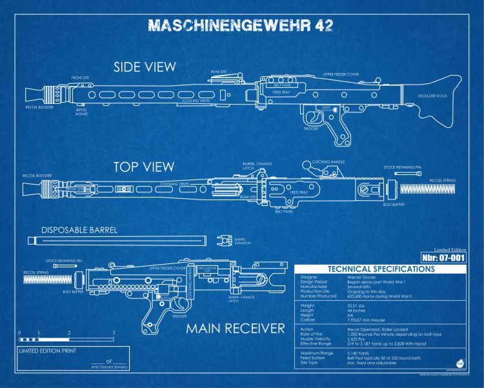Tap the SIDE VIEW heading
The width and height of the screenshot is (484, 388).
[x=145, y=66]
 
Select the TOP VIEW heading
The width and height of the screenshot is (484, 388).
[x=144, y=167]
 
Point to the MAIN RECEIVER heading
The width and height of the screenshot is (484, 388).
[x=235, y=329]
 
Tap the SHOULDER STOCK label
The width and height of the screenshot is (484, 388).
[x=432, y=96]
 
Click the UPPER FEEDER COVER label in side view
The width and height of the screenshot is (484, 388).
[x=341, y=74]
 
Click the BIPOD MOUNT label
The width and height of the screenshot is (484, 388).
[x=81, y=112]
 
